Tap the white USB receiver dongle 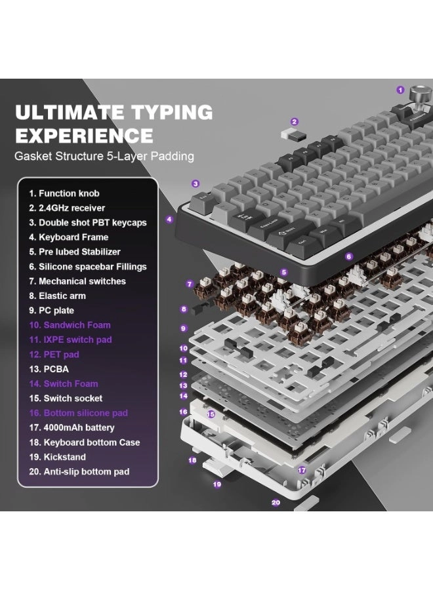293,136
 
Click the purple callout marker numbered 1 400,90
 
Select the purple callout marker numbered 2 295,121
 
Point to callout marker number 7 190,284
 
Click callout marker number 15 211,414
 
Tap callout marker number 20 276,502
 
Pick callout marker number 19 217,484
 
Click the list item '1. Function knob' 64,193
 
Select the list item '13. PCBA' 49,369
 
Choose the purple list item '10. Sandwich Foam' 70,325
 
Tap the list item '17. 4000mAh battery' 72,428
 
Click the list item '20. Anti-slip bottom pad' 79,472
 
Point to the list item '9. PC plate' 52,311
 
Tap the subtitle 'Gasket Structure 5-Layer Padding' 104,156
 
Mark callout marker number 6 349,256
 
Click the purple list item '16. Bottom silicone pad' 78,413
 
